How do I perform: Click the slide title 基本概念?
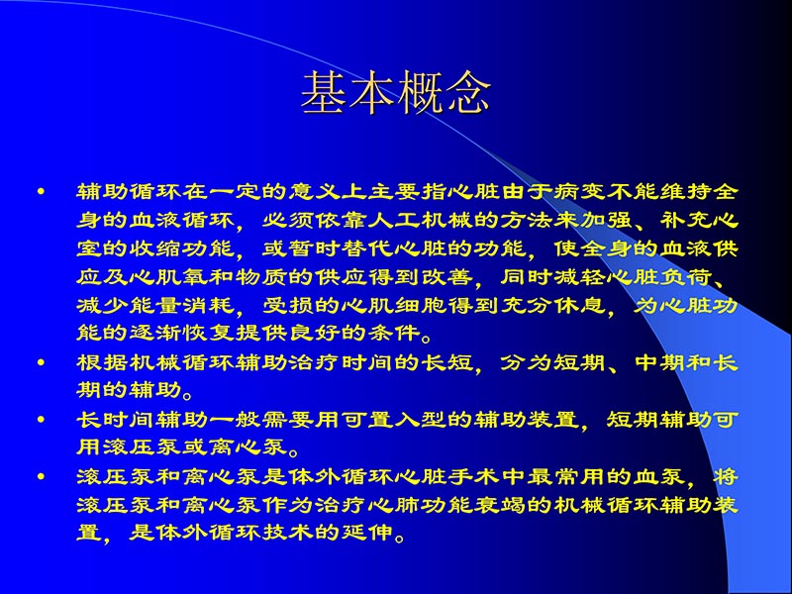(396, 94)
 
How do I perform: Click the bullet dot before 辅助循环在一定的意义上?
(42, 188)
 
